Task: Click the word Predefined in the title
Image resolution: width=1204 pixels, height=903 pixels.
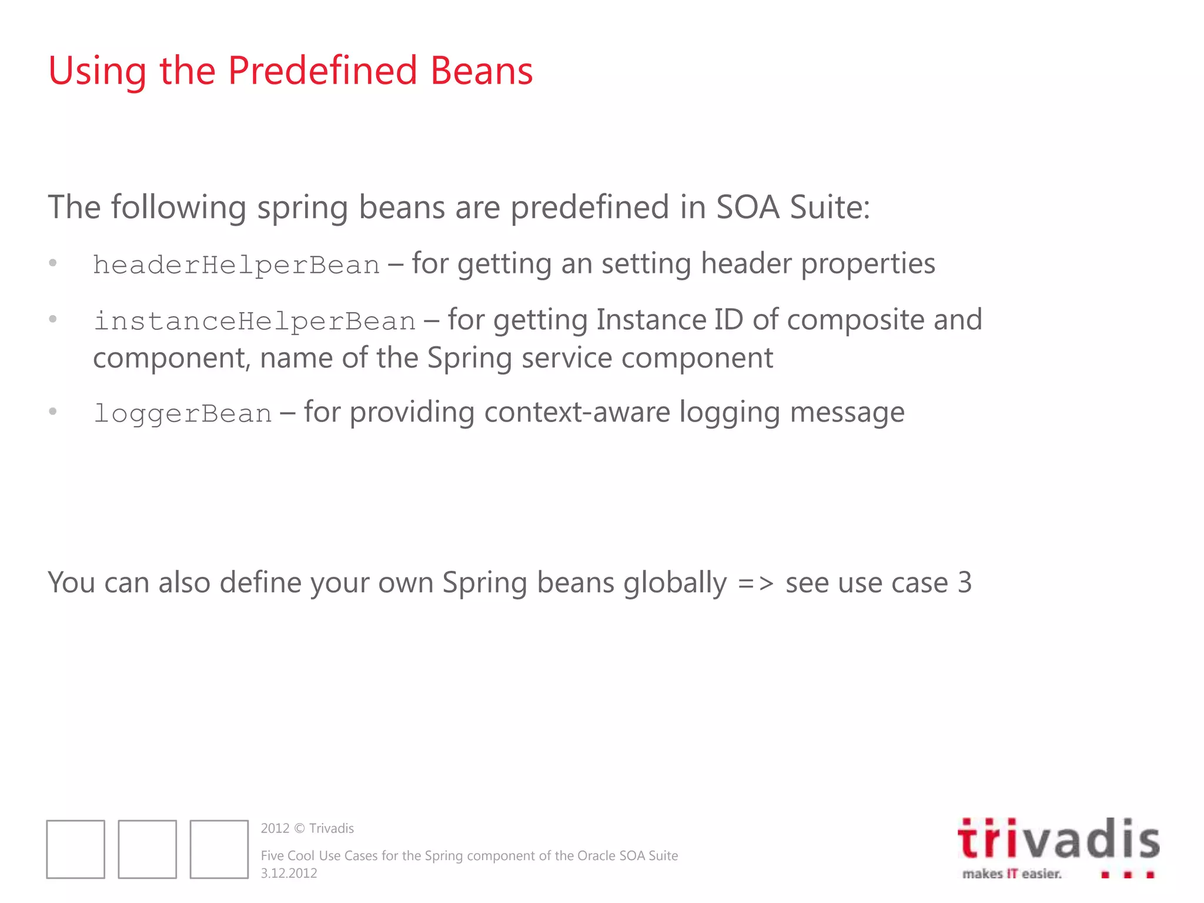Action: click(322, 71)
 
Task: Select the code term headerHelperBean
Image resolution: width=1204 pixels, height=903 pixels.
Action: click(236, 265)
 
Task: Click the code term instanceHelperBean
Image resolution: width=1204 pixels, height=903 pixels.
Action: click(255, 322)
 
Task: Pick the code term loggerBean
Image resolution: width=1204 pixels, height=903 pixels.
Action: click(182, 414)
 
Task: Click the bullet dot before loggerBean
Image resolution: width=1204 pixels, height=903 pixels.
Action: click(53, 412)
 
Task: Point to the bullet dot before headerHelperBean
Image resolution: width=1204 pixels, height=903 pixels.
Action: click(53, 263)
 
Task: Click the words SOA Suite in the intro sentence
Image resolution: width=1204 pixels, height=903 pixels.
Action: click(792, 208)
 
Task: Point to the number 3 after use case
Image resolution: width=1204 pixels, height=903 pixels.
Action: click(964, 583)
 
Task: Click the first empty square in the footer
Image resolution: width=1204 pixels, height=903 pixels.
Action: click(76, 849)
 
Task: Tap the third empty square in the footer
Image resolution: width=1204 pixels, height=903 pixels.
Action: click(219, 849)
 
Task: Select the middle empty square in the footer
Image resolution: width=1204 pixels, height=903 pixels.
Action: click(148, 849)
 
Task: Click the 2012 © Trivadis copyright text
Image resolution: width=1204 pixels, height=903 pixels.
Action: click(307, 828)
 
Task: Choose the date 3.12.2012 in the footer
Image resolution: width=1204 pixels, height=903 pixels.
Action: click(289, 873)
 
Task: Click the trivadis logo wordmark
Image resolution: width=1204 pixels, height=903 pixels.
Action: click(1058, 839)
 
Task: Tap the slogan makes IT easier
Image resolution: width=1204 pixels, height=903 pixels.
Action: click(1012, 874)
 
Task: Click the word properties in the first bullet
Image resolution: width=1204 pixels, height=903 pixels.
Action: click(868, 264)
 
